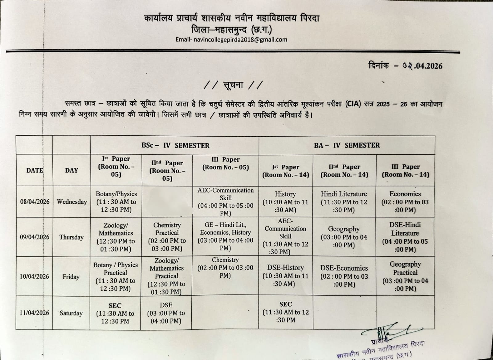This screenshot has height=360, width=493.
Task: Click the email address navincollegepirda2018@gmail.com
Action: (x=240, y=40)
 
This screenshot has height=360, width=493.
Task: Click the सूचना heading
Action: (x=233, y=85)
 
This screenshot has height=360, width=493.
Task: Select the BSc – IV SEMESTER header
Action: (x=175, y=145)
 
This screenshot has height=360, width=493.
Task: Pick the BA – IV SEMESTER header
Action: (x=347, y=145)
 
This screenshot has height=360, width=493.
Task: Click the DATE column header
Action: (x=35, y=170)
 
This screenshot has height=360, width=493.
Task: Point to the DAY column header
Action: (x=71, y=170)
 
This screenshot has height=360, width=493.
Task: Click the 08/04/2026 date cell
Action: (x=35, y=202)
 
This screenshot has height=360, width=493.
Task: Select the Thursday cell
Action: (x=71, y=237)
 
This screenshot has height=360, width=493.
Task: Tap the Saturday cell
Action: (x=71, y=313)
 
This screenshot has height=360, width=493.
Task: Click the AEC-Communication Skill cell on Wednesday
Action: (x=226, y=202)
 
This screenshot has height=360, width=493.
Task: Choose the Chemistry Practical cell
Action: (x=167, y=237)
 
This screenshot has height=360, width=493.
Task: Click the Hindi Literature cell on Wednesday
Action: (x=344, y=202)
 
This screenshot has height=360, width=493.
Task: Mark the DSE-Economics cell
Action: (x=344, y=276)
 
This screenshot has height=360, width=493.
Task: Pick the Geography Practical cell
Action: (x=405, y=276)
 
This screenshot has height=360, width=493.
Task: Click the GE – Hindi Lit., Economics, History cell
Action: (x=225, y=236)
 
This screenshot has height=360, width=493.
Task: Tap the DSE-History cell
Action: (x=285, y=276)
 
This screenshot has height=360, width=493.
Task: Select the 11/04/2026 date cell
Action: (x=34, y=313)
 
